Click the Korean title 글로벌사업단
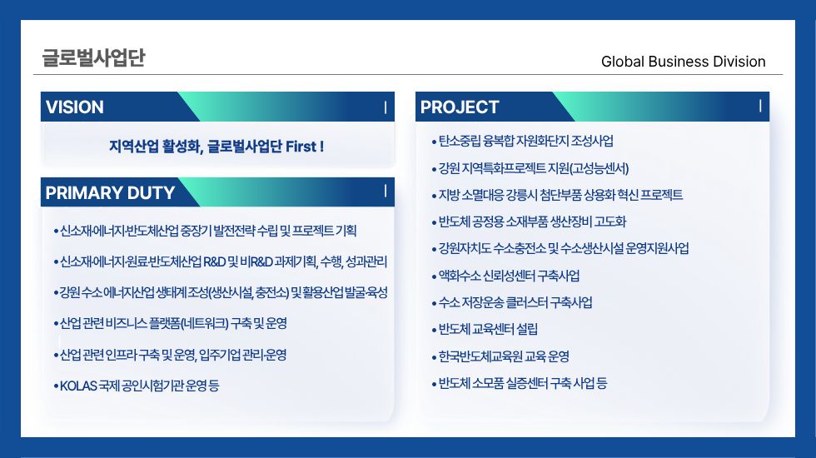click(93, 57)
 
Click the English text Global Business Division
click(684, 62)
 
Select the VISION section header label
click(75, 107)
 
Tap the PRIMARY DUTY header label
click(110, 193)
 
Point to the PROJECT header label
click(460, 107)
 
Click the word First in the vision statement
click(301, 147)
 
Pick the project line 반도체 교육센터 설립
click(488, 330)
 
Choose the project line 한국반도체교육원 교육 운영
click(504, 356)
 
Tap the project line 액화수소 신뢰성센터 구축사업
click(509, 276)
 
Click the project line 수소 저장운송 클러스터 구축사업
click(515, 302)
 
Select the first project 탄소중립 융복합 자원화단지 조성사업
click(525, 141)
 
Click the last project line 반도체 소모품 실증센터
click(523, 384)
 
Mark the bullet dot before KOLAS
click(57, 386)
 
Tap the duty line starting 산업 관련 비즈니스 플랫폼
click(173, 324)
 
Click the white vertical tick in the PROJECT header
click(760, 107)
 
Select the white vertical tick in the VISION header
click(386, 107)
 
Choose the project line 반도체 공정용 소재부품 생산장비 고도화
click(532, 222)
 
